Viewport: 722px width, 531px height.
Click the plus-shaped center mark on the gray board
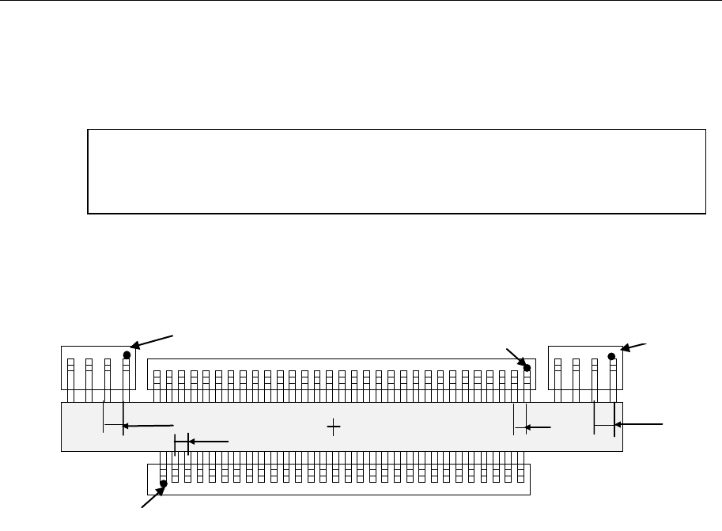(x=334, y=427)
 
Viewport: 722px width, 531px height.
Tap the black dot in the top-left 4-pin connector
(x=126, y=356)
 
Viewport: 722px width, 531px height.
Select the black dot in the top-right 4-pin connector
(x=611, y=356)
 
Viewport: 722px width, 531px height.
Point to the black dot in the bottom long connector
(x=163, y=484)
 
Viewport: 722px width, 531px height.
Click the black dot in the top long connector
(x=527, y=368)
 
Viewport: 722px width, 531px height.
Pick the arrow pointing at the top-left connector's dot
(x=153, y=341)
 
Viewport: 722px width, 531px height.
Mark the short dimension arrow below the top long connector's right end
(x=540, y=427)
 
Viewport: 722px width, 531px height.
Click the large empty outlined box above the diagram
(x=395, y=171)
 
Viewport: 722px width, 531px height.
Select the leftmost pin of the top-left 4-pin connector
(x=70, y=367)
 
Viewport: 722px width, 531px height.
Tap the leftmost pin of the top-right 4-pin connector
(x=558, y=367)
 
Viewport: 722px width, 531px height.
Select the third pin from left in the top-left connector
(x=108, y=367)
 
